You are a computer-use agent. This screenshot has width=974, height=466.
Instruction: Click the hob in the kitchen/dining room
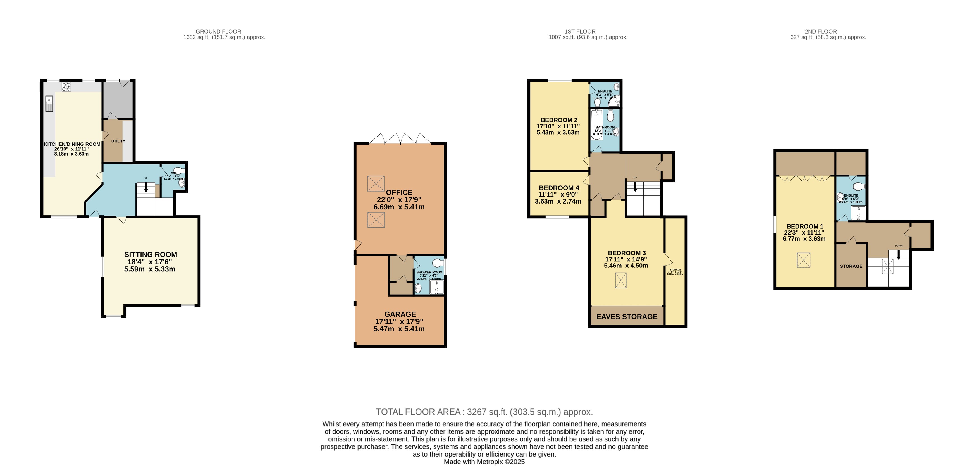pos(66,87)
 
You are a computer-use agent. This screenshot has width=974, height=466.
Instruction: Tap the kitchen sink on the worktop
pos(49,104)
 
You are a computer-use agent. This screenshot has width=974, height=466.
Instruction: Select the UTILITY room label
pos(118,141)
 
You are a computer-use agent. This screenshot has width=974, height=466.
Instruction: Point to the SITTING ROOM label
pos(151,255)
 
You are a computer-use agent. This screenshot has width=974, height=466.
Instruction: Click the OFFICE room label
pos(399,192)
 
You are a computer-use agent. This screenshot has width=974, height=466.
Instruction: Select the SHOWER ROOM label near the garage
pos(429,272)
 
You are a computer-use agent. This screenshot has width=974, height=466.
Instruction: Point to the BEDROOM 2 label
pos(558,120)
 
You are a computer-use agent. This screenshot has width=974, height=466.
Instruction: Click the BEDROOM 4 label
pos(558,188)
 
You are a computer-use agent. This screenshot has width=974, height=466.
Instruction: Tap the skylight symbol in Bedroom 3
pos(620,280)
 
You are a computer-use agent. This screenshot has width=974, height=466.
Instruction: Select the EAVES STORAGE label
pos(627,317)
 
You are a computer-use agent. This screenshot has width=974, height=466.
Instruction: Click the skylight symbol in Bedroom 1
pos(803,260)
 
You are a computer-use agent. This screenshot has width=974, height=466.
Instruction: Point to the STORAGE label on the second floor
pos(851,266)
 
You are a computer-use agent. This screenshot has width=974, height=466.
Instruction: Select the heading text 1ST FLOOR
pos(580,31)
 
